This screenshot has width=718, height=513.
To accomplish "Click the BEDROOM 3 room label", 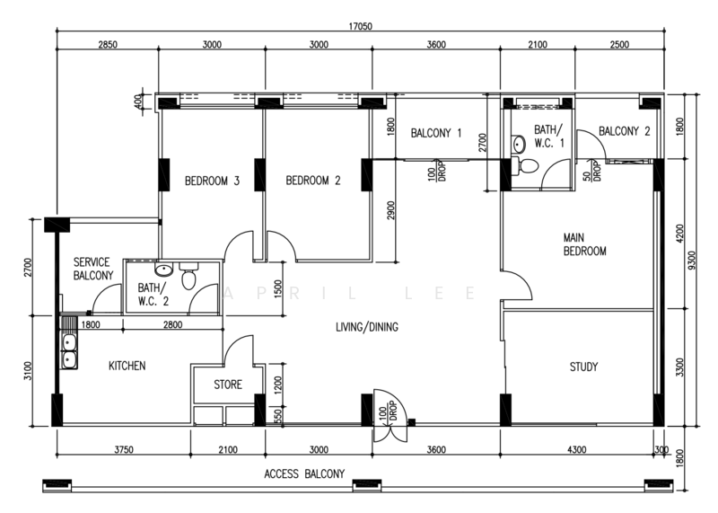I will coord(212,181).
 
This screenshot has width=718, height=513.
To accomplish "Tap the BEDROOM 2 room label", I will coord(313,181).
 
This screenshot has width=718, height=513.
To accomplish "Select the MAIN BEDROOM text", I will coord(584,244).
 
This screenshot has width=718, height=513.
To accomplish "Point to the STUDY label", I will coord(584,367).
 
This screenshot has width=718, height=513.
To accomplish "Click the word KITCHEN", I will coord(127,366).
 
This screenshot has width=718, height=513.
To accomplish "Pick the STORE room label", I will coord(227,385).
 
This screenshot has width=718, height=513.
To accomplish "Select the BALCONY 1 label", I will coord(436,134).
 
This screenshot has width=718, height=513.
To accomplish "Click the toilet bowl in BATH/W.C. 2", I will coord(188,279).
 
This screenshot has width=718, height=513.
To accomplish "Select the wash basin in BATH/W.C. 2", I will coord(163,270).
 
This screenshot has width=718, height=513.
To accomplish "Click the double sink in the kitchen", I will coord(68,350).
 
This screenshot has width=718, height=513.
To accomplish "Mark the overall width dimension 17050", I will coord(361,27).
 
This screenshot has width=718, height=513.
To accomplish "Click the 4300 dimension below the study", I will coord(578,450).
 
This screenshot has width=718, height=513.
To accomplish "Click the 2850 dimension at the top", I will coord(108,46).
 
